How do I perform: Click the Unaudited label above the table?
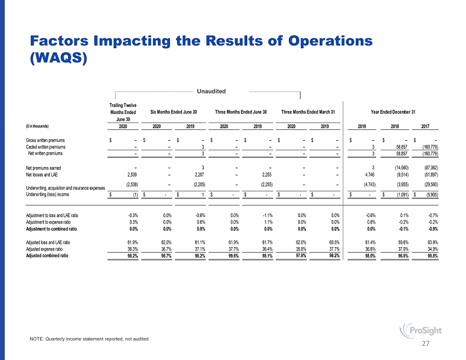(211, 90)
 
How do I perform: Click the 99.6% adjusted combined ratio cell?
(234, 255)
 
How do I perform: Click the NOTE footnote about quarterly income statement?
(89, 339)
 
